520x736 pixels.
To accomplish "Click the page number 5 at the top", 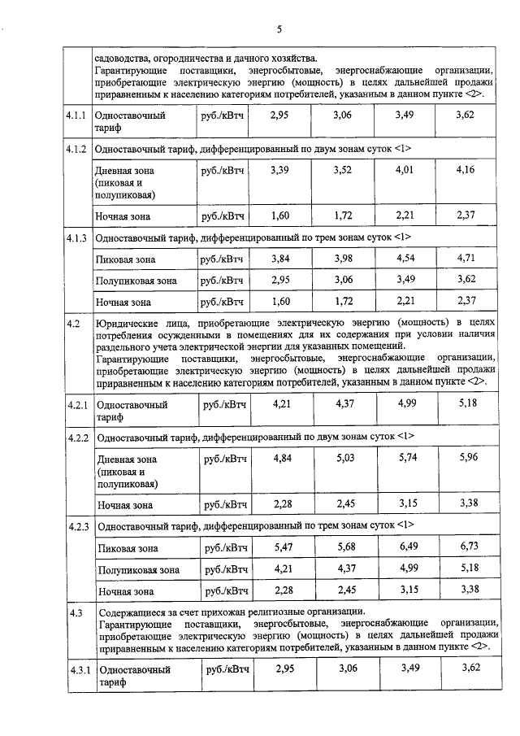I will click(x=279, y=30).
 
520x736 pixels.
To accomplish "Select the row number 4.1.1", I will click(x=78, y=115).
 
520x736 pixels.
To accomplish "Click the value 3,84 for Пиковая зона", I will click(x=279, y=259).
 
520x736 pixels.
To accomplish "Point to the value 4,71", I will click(x=466, y=259).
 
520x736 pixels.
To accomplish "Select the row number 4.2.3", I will click(x=79, y=527).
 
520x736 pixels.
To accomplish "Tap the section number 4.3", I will click(x=75, y=612).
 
